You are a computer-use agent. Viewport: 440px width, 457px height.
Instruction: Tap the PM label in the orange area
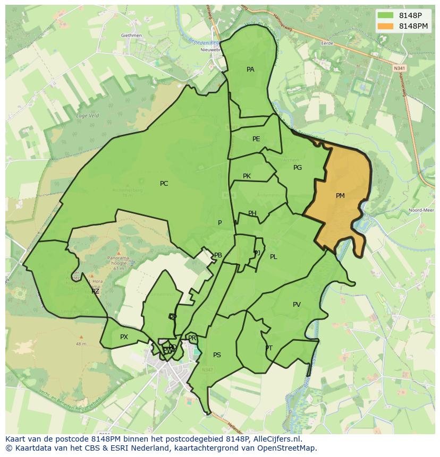click(340, 196)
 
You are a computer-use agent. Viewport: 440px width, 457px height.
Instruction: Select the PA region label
click(250, 70)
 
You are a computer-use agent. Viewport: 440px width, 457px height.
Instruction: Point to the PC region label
click(164, 184)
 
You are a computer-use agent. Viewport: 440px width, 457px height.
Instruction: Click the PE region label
click(256, 139)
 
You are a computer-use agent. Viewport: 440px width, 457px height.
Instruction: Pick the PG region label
click(298, 168)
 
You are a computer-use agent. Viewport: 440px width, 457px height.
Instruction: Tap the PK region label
click(247, 176)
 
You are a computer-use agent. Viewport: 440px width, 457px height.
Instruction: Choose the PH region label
click(252, 213)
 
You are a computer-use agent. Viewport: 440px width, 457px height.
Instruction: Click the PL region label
click(273, 257)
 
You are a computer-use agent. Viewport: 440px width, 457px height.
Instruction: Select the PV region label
click(297, 305)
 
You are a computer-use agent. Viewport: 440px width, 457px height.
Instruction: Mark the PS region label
click(217, 355)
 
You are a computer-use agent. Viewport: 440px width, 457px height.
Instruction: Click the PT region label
click(269, 348)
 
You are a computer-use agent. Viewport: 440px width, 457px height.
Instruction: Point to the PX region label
click(124, 337)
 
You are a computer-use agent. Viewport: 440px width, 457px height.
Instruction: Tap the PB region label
click(218, 255)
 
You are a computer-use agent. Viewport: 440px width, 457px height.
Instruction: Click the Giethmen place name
click(131, 36)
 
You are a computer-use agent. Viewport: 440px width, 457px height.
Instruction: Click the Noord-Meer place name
click(421, 210)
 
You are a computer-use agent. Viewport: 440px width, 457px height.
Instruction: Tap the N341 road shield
click(399, 68)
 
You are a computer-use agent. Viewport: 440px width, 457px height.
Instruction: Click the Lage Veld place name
click(88, 115)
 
